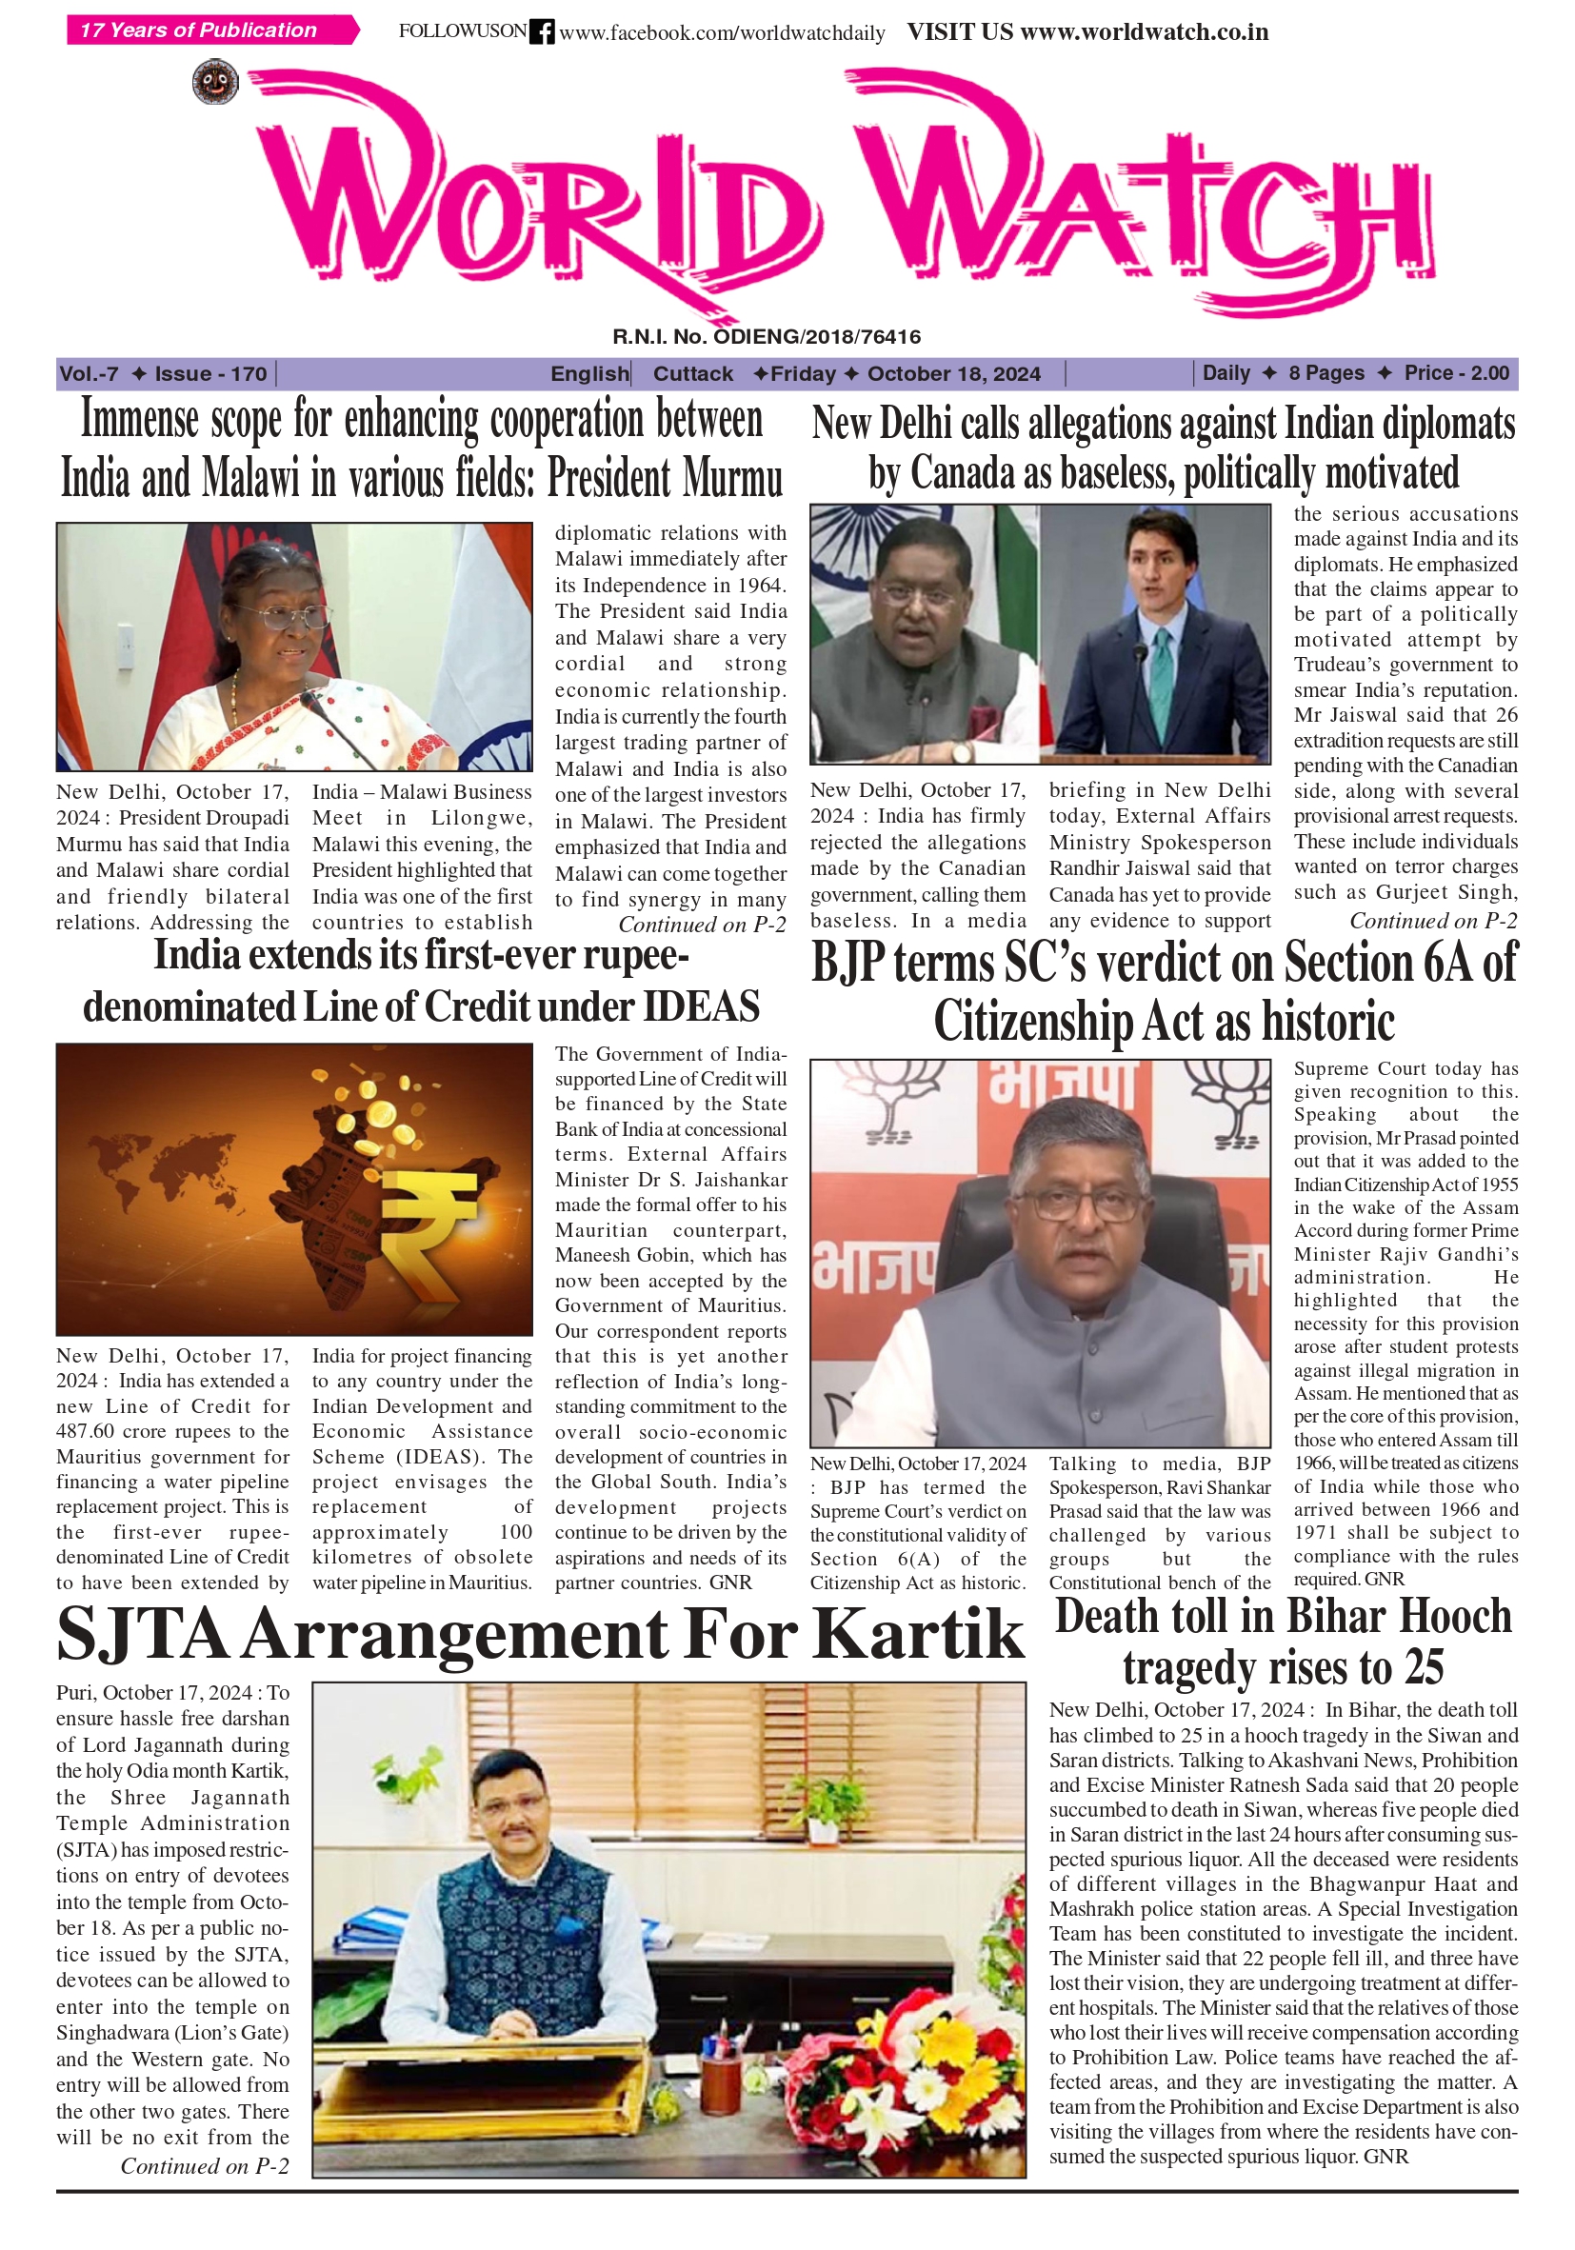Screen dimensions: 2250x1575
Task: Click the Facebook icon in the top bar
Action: coord(541,31)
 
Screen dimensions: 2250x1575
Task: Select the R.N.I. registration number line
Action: coord(767,337)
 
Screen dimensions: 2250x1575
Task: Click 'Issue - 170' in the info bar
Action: coord(209,373)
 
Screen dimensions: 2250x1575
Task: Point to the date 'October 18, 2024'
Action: coord(952,373)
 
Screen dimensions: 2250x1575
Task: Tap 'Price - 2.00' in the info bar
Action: coord(1455,373)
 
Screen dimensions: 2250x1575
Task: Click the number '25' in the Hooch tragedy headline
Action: coord(1419,1667)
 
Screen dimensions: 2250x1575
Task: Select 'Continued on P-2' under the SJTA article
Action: coord(204,2165)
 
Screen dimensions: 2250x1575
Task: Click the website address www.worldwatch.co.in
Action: coord(1144,31)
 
